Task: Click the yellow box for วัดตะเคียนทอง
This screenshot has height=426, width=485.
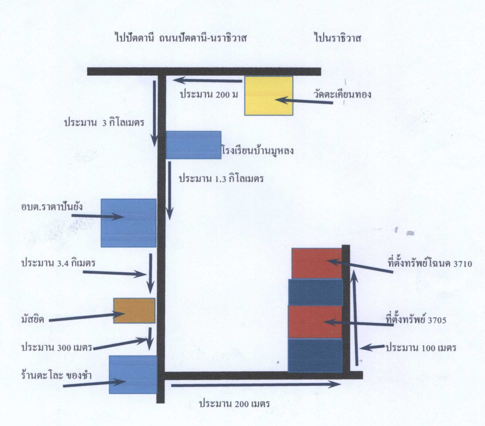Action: pos(269,96)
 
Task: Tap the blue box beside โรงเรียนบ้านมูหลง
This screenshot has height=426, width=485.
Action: pos(194,145)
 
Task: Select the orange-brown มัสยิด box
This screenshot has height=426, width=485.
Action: pos(134,310)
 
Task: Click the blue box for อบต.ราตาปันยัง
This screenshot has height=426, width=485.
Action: pos(129,223)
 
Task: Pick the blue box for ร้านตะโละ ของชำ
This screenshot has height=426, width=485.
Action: pos(133,374)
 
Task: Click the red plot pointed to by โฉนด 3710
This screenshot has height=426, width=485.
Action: pos(317,263)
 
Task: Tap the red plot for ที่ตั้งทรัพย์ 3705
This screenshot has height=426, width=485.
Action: pos(315,322)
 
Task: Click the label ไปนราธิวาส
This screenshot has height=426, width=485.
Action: pos(338,38)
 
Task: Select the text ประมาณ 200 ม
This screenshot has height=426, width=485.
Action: pos(209,94)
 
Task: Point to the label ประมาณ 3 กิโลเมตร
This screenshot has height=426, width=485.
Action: pos(104,122)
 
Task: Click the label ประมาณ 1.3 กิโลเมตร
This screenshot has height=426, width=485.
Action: pos(221,179)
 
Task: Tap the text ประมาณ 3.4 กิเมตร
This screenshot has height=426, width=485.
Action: pos(58,263)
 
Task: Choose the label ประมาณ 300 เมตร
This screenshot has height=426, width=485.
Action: pos(57,347)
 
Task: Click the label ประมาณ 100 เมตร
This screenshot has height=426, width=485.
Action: pos(421,348)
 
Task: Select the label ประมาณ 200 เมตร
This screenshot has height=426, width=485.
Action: pos(234,404)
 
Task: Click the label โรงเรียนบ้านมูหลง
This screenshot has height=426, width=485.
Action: pos(258,151)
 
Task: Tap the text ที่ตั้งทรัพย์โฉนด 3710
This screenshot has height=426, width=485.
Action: pos(430,264)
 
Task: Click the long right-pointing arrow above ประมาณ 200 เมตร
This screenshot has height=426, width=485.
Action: pos(256,384)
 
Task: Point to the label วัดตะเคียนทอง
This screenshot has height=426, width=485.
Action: pos(342,94)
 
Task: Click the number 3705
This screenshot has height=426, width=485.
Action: pos(437,320)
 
